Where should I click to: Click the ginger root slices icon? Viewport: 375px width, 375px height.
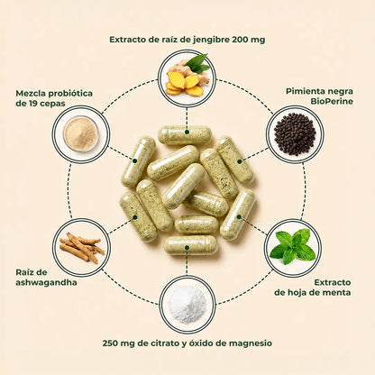tap(186, 78)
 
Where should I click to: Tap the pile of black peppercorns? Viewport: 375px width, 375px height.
tap(295, 134)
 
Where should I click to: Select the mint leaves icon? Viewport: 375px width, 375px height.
tap(293, 246)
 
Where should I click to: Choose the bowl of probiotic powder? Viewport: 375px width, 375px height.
tap(81, 133)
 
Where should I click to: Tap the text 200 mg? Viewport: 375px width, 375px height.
tap(249, 40)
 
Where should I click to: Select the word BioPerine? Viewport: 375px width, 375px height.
tap(332, 102)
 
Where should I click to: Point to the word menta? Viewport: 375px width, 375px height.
tap(338, 292)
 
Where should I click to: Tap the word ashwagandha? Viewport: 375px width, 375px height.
tap(46, 283)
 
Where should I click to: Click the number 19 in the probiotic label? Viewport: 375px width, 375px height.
tap(33, 104)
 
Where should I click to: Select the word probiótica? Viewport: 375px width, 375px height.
tap(70, 94)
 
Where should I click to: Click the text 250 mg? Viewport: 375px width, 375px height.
tap(118, 343)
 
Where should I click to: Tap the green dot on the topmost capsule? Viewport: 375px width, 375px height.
tap(187, 132)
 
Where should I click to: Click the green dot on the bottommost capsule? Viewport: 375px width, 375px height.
tap(187, 248)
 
